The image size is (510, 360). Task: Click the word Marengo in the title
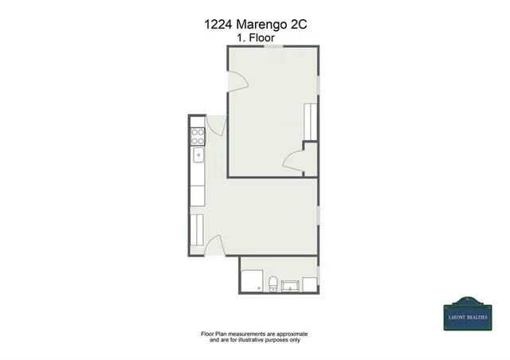coord(264,25)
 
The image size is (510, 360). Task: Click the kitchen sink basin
coord(198,155)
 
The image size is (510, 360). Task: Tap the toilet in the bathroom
coord(273,283)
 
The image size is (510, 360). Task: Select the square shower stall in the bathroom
coord(253,280)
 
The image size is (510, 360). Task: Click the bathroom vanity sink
coord(289,284)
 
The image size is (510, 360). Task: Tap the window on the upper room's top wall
coord(276,47)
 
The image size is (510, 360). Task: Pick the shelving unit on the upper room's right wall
coord(311,120)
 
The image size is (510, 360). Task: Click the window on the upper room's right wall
coord(318,84)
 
